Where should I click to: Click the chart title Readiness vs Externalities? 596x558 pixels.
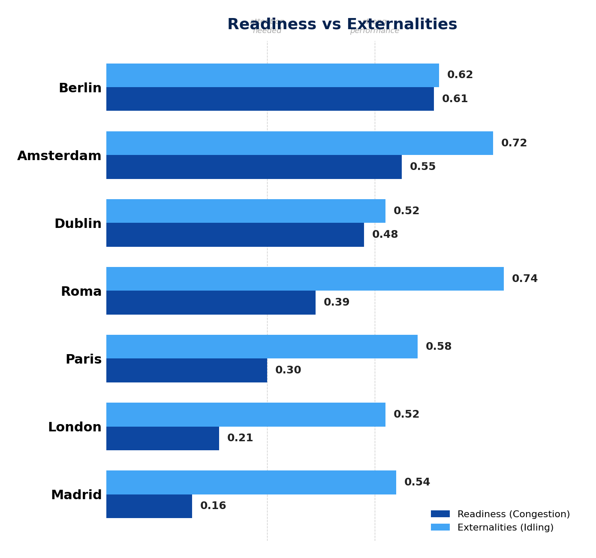342,24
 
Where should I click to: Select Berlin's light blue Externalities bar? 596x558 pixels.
272,76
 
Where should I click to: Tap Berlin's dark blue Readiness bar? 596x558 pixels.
270,99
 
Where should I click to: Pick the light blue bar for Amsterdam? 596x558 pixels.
299,143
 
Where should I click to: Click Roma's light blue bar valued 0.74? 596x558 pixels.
305,279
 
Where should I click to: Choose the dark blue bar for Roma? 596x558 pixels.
211,303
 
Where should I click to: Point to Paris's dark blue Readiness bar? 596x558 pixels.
187,370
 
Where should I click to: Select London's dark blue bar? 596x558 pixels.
163,438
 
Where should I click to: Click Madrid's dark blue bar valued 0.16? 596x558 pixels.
149,506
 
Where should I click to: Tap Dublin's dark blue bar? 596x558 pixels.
235,235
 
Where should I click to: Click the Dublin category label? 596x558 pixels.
78,224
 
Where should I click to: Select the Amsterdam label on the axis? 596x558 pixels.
59,156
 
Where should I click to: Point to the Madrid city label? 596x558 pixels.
76,495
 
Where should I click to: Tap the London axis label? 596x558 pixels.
75,427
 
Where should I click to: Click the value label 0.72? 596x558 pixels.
514,143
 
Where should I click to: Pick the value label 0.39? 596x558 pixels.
336,303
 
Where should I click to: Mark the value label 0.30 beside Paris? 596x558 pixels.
288,370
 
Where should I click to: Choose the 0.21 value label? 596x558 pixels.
240,438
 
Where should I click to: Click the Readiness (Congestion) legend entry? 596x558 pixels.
500,514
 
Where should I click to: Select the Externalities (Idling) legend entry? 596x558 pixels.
492,528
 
